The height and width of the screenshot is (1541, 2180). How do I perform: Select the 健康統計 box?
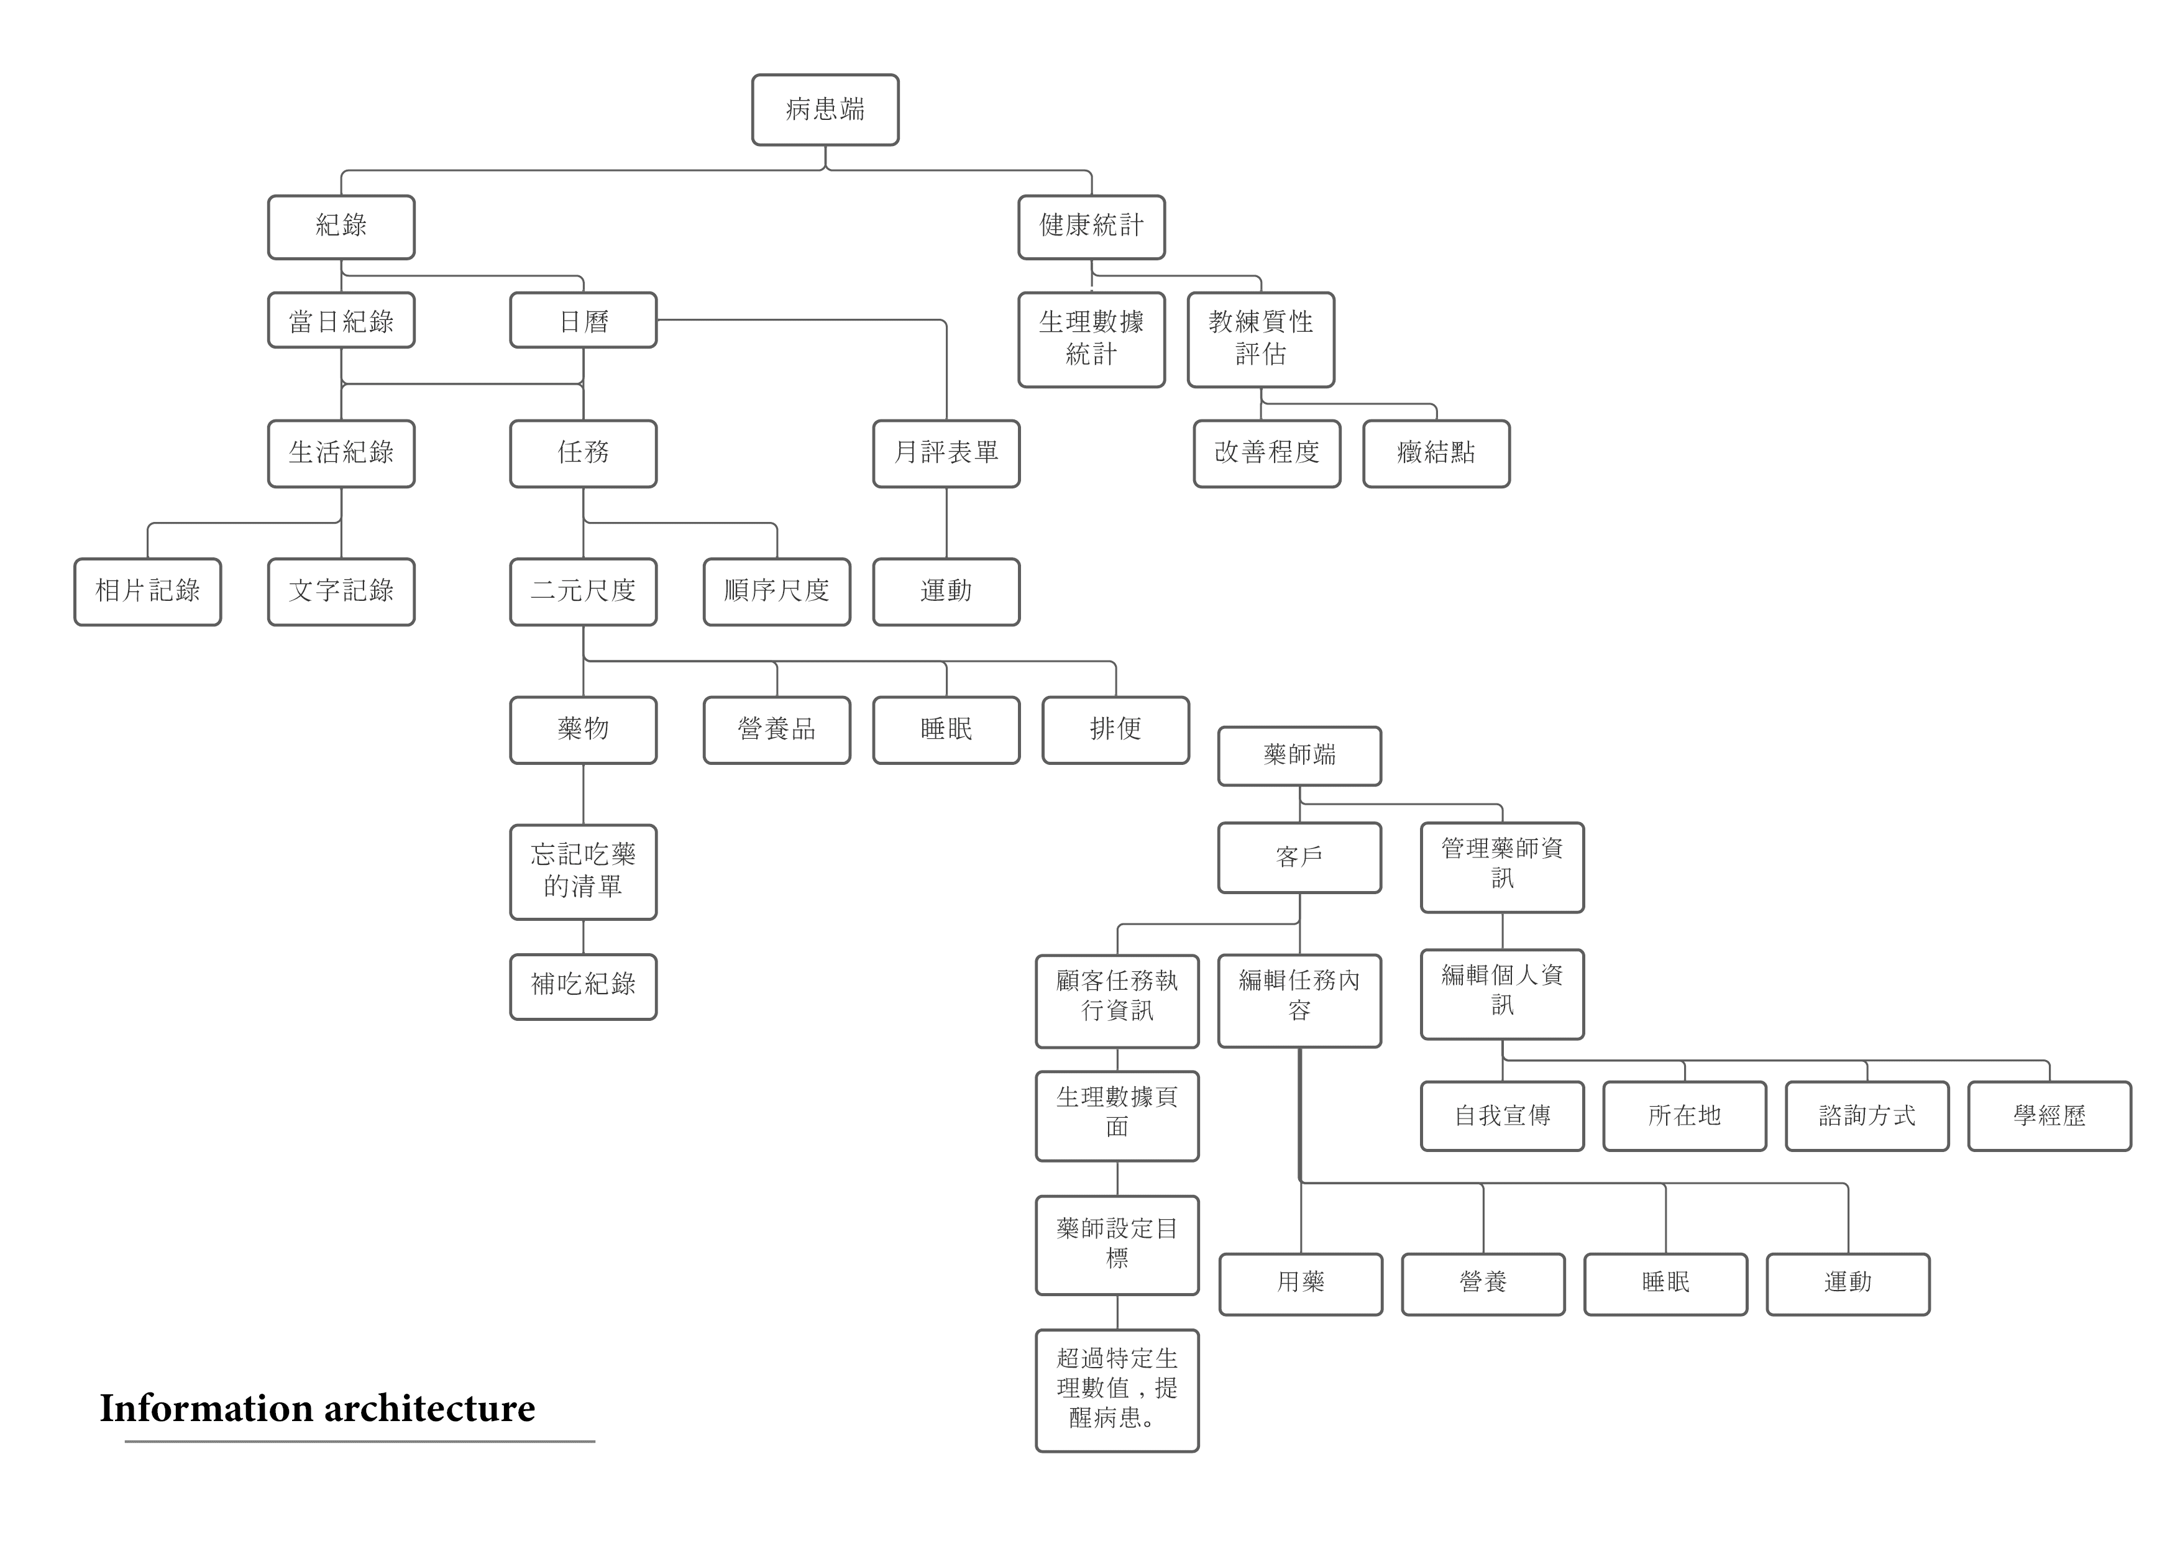click(x=1091, y=227)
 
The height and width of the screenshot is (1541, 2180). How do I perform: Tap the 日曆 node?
click(x=583, y=321)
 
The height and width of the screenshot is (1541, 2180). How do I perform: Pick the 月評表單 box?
click(x=946, y=453)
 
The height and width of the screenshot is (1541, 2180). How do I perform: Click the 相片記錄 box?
click(x=147, y=592)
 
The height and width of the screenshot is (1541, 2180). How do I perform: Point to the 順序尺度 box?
click(x=777, y=592)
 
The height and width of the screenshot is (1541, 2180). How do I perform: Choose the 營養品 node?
click(x=777, y=730)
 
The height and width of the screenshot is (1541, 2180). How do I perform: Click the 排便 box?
click(x=1115, y=730)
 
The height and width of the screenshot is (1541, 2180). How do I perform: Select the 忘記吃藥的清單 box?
click(x=583, y=872)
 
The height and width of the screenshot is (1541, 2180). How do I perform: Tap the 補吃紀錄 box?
click(x=583, y=985)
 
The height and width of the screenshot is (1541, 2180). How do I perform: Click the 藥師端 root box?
click(x=1299, y=756)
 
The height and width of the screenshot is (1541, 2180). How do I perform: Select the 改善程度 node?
click(x=1266, y=453)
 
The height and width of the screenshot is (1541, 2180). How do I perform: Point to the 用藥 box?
click(x=1300, y=1284)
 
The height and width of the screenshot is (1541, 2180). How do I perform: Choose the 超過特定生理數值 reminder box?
click(x=1117, y=1390)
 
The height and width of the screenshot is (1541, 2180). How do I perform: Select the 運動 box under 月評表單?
click(x=946, y=592)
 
